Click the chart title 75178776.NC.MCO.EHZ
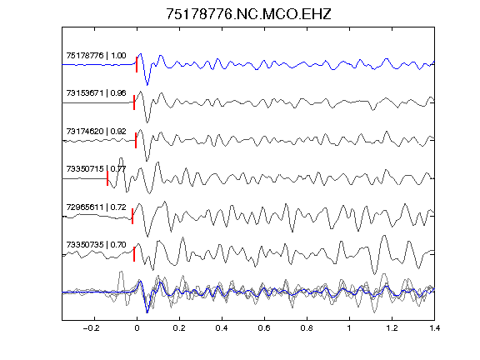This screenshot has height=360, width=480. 248,14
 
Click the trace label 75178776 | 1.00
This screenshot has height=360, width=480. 96,56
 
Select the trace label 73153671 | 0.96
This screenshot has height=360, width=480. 96,93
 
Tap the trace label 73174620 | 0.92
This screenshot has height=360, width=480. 96,132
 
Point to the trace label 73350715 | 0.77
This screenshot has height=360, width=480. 96,169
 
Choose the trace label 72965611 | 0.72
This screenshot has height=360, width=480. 96,207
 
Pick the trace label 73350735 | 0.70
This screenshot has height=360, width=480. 96,245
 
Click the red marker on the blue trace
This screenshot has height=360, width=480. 137,65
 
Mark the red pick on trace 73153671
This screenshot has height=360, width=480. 134,102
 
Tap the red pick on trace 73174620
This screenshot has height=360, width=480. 136,141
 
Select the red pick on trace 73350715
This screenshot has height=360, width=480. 107,178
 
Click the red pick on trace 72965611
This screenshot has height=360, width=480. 132,216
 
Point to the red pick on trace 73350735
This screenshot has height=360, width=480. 134,254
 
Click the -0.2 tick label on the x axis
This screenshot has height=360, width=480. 92,328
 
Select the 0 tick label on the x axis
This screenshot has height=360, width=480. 137,328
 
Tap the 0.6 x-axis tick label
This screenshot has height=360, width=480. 264,328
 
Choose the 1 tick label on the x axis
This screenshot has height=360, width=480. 349,328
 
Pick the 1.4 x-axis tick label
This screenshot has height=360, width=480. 434,328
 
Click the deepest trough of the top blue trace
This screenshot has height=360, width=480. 147,85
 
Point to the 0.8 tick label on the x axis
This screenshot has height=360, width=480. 307,328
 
